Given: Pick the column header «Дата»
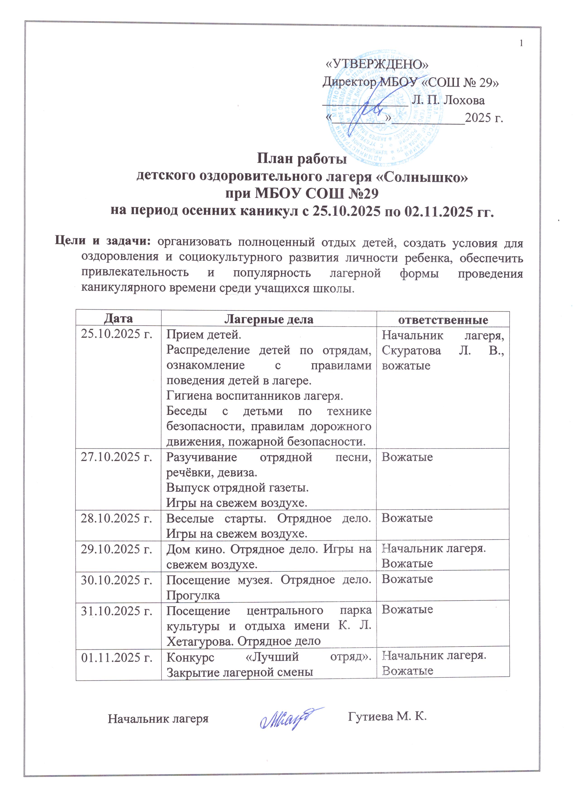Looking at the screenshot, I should tap(118, 319).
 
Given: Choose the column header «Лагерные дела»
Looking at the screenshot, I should tap(269, 319).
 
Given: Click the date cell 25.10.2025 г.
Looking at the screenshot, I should tap(117, 335).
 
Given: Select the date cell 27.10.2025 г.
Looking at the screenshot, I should tap(117, 457).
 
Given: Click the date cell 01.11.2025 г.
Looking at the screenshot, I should tap(117, 657).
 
